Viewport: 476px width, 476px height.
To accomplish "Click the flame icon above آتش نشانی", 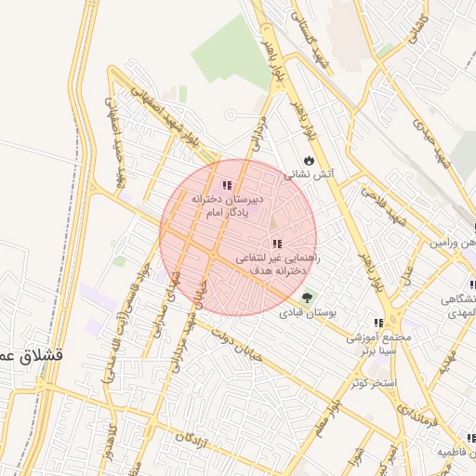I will tap(310, 160).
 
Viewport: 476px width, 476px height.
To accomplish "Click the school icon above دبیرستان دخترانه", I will tap(228, 185).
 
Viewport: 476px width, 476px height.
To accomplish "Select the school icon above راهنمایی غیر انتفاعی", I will tap(276, 243).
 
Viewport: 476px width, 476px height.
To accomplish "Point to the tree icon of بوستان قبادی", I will tap(309, 296).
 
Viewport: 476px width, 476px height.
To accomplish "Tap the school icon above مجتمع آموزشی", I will tap(377, 324).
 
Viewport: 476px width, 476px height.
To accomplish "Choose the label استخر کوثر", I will tap(375, 383).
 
